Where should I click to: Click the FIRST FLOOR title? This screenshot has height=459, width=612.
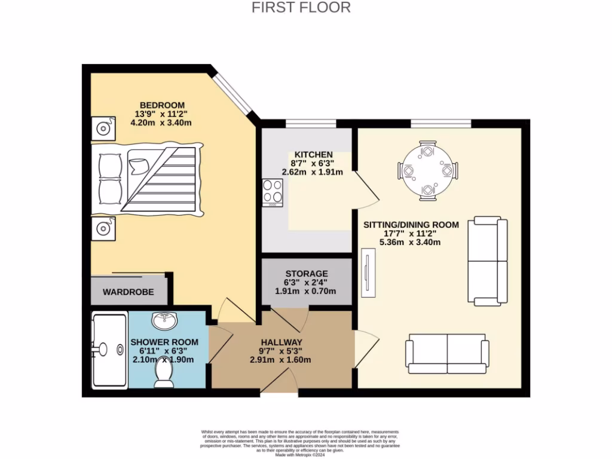(301, 8)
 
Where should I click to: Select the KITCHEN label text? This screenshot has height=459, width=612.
(312, 154)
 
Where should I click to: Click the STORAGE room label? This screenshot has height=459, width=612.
(306, 273)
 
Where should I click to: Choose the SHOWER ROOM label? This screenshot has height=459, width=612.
(164, 342)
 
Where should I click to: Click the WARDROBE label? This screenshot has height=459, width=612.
(128, 292)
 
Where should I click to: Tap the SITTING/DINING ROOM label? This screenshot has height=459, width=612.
(411, 225)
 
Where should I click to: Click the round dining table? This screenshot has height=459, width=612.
(428, 170)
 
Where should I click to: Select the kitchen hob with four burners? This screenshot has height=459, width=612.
(272, 193)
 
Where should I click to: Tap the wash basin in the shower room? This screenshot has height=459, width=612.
(164, 321)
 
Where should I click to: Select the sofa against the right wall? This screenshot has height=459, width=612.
(488, 261)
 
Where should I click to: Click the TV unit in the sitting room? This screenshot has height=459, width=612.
(368, 273)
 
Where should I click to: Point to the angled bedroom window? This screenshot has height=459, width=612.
(234, 95)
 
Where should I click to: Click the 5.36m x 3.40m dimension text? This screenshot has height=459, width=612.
(410, 243)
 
